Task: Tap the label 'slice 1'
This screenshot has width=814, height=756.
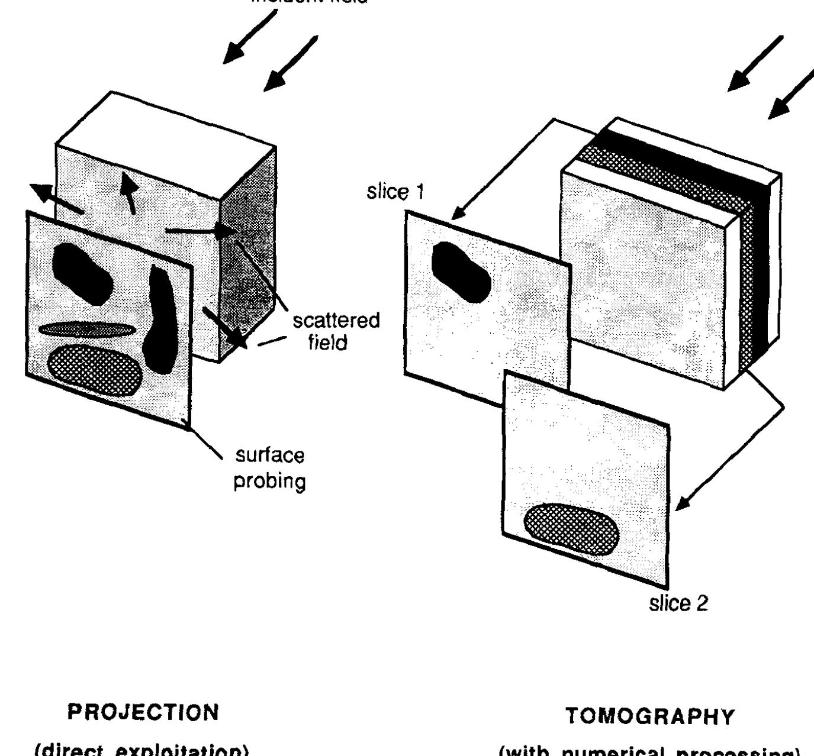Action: pyautogui.click(x=395, y=192)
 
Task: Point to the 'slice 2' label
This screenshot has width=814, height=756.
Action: pyautogui.click(x=678, y=604)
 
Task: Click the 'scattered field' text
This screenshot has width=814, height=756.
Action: pyautogui.click(x=336, y=331)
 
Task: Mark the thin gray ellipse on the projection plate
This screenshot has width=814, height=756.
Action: pyautogui.click(x=88, y=329)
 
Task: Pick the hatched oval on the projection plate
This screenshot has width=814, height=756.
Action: pyautogui.click(x=95, y=370)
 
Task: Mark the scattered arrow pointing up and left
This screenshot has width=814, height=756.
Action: pyautogui.click(x=44, y=192)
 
